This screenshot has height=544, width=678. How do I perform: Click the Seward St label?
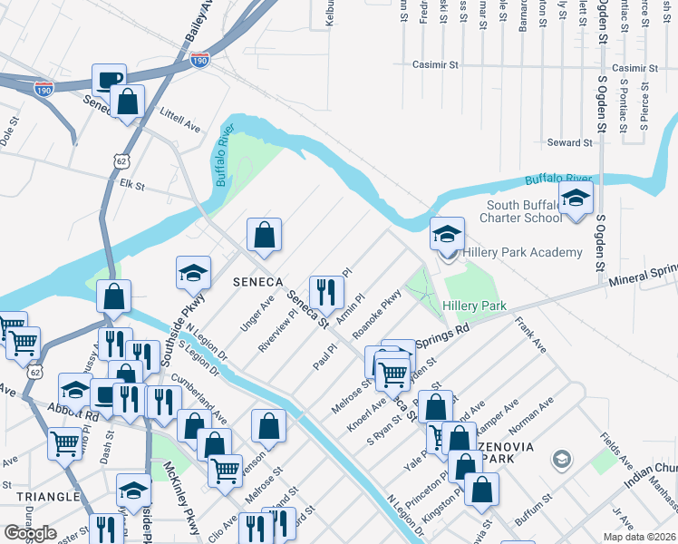(569, 142)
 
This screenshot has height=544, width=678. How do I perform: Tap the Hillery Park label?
(474, 306)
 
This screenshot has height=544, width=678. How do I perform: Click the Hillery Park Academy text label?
(522, 252)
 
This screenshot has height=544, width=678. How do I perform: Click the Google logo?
(30, 533)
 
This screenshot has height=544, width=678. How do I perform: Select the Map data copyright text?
(638, 537)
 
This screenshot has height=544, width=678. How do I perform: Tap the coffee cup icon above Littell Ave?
(109, 79)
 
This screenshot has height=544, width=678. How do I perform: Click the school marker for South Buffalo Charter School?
(576, 199)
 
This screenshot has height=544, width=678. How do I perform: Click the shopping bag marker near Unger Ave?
(263, 236)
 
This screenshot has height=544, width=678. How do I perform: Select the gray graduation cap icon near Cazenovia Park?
(562, 461)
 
